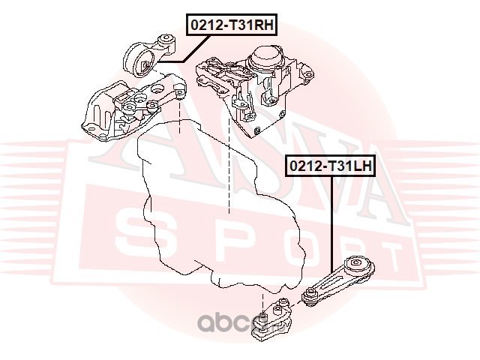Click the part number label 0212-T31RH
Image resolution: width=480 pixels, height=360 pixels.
[x=232, y=25]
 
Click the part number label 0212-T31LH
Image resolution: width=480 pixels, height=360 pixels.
[x=330, y=166]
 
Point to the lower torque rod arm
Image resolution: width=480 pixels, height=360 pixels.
[x=337, y=281]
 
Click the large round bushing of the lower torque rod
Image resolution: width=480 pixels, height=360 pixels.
[x=357, y=265]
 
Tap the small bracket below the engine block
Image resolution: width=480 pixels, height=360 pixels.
[x=271, y=318]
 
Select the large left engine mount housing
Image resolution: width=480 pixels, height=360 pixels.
[x=133, y=108]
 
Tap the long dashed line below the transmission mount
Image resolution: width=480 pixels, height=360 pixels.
[x=229, y=165]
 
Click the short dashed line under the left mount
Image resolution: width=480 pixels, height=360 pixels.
[x=180, y=116]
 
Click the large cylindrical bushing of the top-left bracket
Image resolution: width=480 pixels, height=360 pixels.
[x=139, y=62]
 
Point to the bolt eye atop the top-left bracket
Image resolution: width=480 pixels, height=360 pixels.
[x=166, y=39]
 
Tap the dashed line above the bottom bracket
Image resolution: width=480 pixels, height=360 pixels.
[x=262, y=303]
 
